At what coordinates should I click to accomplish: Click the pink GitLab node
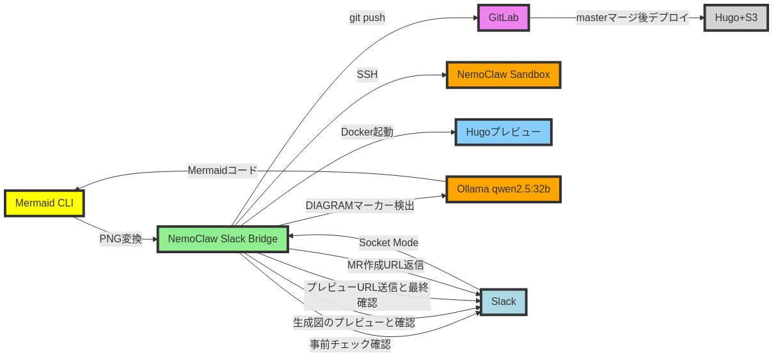[503, 18]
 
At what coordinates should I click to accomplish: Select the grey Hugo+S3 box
[736, 18]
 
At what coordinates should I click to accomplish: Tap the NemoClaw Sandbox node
[503, 75]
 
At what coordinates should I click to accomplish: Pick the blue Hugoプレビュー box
[503, 132]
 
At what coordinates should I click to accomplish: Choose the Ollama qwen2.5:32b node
[503, 189]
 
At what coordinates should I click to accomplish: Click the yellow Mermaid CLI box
[44, 203]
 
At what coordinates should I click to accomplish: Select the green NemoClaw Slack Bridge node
[223, 239]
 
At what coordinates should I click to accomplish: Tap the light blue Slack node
[503, 302]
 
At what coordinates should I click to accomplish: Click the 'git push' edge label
[367, 18]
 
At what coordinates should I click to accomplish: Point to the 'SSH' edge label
[367, 75]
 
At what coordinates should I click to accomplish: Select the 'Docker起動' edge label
[367, 132]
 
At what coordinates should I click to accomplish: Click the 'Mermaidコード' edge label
[222, 171]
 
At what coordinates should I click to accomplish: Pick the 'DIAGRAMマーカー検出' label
[360, 206]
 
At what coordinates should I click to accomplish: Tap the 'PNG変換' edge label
[121, 239]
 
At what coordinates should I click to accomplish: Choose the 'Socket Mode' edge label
[388, 243]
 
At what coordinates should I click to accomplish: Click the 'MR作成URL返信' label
[385, 265]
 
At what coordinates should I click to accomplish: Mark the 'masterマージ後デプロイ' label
[632, 18]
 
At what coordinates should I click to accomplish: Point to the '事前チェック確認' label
[350, 345]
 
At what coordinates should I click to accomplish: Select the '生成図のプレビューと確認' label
[354, 323]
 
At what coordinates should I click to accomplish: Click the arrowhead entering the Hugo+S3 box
[701, 18]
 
